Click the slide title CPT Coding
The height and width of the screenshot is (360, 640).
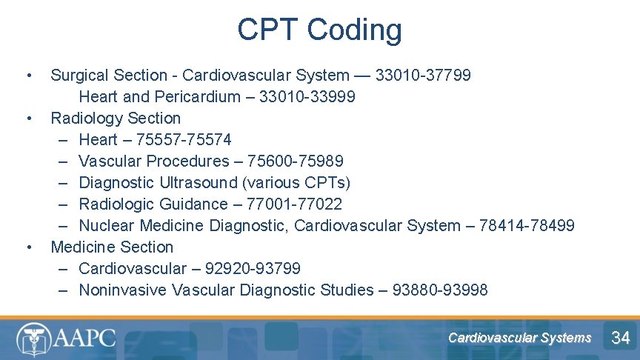pos(319,30)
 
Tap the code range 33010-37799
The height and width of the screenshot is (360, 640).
pos(423,76)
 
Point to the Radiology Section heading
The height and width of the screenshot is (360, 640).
pos(116,119)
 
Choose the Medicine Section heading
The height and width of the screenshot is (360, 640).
pos(112,247)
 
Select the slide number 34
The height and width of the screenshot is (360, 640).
pos(620,339)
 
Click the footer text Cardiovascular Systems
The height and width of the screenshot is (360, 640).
pos(519,338)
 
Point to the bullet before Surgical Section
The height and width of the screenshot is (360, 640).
pos(29,76)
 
